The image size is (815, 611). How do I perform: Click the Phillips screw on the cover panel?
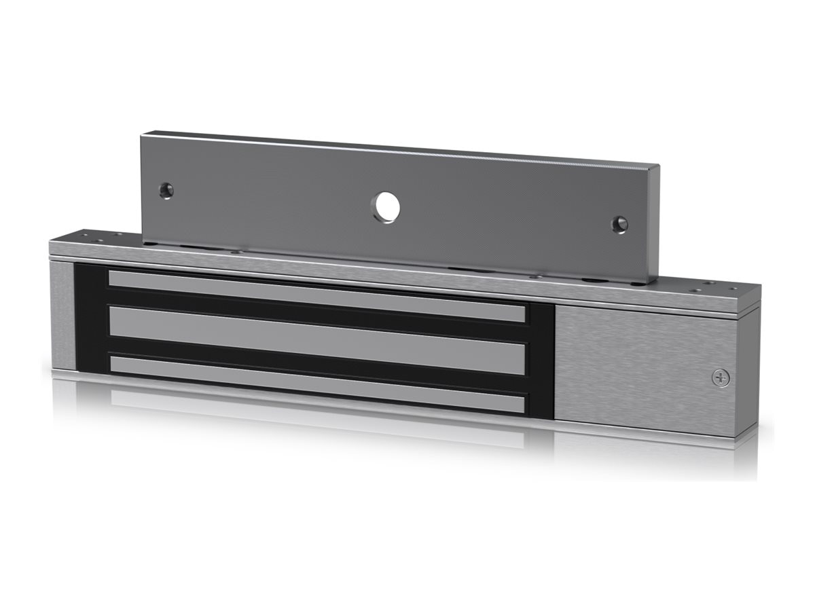pos(721,378)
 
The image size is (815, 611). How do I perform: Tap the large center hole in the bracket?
pos(385,207)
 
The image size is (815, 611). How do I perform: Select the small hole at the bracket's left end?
pos(166,191)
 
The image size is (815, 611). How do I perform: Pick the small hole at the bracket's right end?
pos(619,225)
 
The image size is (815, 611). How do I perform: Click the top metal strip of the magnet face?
pos(317,296)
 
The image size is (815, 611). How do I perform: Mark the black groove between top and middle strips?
pos(317,316)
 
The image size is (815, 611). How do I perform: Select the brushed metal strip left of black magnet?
pos(62,316)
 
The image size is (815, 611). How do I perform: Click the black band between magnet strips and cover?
pos(541,360)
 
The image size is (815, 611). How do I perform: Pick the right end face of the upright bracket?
pos(654,224)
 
